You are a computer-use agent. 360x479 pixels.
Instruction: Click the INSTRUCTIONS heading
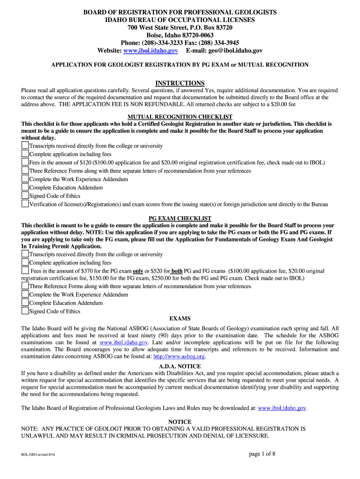pos(180,83)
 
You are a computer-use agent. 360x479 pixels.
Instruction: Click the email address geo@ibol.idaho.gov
pos(224,50)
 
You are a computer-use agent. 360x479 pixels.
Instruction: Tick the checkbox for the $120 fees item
pos(25,162)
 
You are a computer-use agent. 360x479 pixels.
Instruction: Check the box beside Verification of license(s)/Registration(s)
pos(25,204)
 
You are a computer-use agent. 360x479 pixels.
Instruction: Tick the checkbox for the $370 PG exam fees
pos(25,271)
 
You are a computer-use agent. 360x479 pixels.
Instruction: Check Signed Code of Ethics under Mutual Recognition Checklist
pos(25,196)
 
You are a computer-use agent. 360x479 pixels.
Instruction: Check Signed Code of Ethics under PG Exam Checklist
pos(25,311)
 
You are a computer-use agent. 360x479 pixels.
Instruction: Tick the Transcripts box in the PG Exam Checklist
pos(25,254)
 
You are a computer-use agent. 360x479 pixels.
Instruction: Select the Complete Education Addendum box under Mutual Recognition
pos(25,187)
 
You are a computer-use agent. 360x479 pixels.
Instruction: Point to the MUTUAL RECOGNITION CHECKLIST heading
pos(180,117)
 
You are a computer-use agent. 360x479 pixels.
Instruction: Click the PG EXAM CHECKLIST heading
pos(180,218)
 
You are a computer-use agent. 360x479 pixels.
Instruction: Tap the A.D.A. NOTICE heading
pos(180,366)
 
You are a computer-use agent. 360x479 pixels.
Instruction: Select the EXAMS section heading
pos(180,319)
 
